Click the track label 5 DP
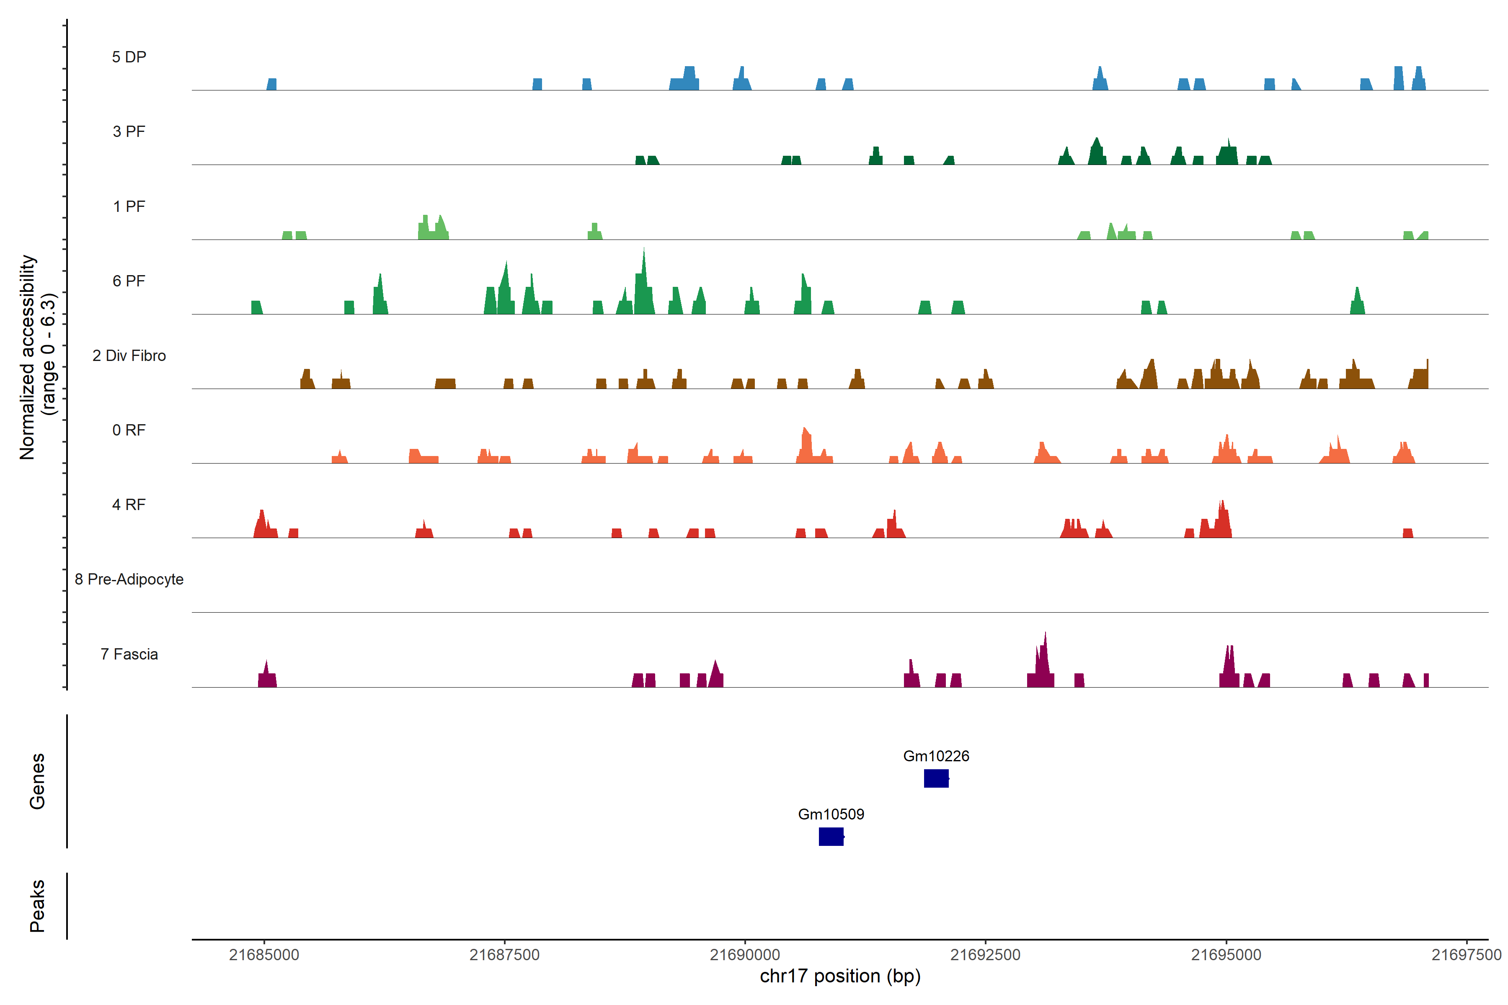pyautogui.click(x=129, y=57)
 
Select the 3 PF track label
pyautogui.click(x=129, y=131)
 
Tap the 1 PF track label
pyautogui.click(x=129, y=206)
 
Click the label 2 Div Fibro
pyautogui.click(x=129, y=356)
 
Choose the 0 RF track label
pyautogui.click(x=129, y=430)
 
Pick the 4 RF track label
pyautogui.click(x=129, y=505)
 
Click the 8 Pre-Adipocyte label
pyautogui.click(x=129, y=580)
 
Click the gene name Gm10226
pyautogui.click(x=936, y=756)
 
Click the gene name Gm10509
pyautogui.click(x=831, y=814)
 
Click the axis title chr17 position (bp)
pyautogui.click(x=840, y=976)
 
